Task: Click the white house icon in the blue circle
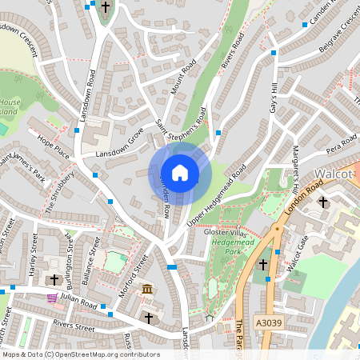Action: (180, 173)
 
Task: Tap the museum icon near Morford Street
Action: (147, 288)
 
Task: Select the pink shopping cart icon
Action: (53, 298)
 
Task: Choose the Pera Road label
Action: (340, 146)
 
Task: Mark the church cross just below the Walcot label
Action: (323, 202)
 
